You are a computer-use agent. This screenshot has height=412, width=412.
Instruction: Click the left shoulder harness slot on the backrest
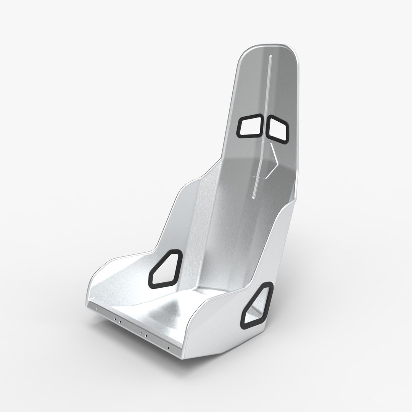[x=250, y=126]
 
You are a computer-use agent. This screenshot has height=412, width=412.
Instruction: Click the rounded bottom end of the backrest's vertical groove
[x=254, y=197]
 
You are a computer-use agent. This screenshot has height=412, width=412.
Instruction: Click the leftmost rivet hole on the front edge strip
[x=97, y=309]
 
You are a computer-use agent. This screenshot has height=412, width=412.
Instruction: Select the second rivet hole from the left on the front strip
[x=116, y=318]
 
